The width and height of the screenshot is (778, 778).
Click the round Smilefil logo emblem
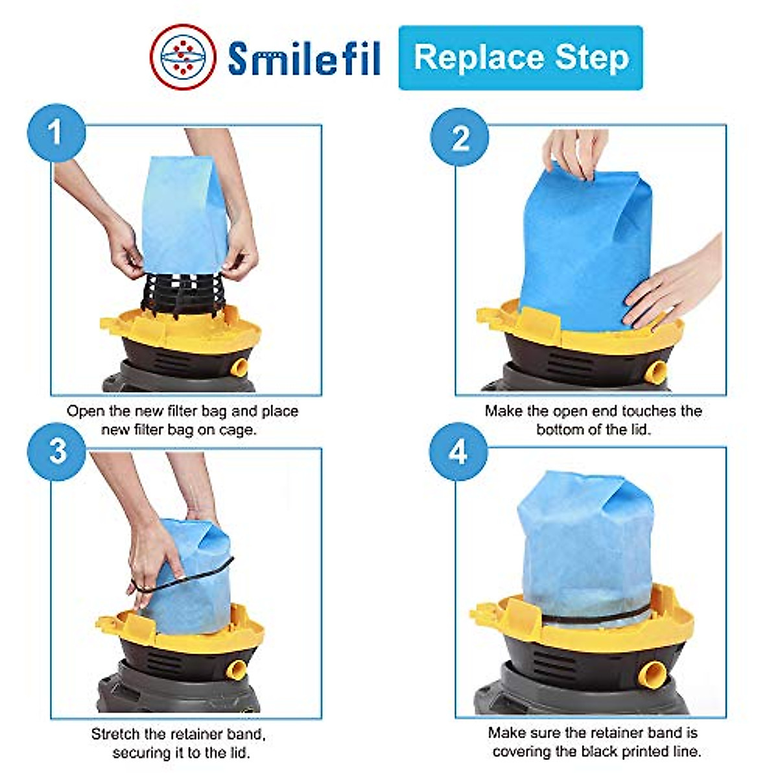pos(183,56)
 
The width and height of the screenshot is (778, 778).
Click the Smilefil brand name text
pos(303,58)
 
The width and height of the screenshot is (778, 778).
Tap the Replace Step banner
pos(521,58)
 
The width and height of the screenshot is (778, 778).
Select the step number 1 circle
pos(56,133)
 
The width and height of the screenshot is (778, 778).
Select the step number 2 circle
pos(460,137)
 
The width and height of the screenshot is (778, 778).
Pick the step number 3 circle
pos(57,451)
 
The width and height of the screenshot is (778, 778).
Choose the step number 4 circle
pos(458,451)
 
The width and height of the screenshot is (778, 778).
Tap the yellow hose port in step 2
pos(656,371)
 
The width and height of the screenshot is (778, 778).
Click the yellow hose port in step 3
pos(237,668)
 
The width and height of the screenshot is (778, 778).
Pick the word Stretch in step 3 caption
pos(115,734)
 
